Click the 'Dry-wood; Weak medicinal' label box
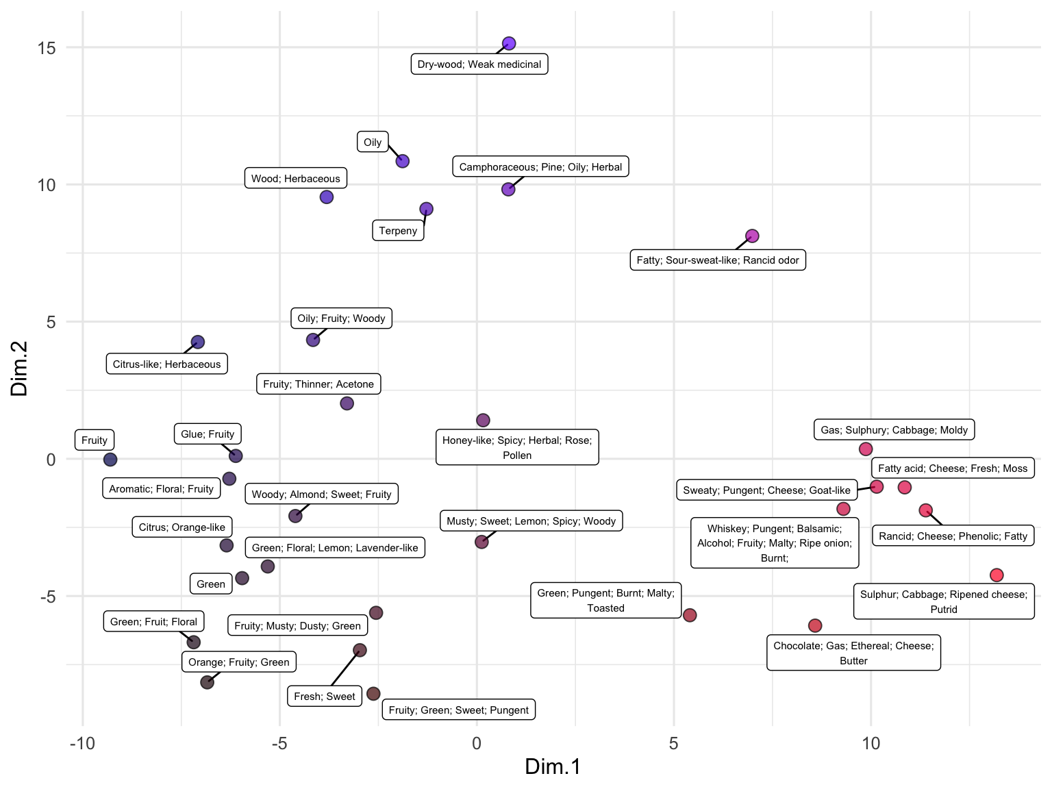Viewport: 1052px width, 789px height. (x=479, y=64)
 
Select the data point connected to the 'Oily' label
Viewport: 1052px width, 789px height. (x=403, y=161)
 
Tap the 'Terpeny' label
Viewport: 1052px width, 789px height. (x=398, y=231)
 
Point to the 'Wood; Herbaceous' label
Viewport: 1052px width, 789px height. (x=296, y=179)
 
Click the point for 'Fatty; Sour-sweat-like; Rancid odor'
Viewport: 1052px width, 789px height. (x=752, y=236)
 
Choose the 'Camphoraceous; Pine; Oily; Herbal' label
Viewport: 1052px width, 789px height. (x=540, y=167)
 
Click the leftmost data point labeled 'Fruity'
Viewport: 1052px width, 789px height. (x=110, y=460)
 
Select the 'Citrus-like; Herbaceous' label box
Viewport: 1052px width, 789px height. (x=167, y=364)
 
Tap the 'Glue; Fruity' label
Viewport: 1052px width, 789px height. (x=208, y=434)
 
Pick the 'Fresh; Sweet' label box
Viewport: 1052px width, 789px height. (x=325, y=697)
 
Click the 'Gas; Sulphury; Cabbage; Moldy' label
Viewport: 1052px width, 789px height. (x=894, y=430)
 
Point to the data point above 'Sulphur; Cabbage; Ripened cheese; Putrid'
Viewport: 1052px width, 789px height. (x=997, y=575)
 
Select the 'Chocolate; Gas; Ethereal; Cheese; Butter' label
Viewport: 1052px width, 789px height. (x=853, y=653)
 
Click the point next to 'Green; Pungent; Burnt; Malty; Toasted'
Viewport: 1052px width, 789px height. (x=690, y=615)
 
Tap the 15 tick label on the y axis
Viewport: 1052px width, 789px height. (x=47, y=48)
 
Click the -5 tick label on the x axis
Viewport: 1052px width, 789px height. (x=279, y=744)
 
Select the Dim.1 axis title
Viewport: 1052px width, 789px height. (x=553, y=766)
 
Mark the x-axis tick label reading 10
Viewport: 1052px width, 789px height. (x=871, y=744)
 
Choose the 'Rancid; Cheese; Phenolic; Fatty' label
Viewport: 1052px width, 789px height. (x=953, y=536)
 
